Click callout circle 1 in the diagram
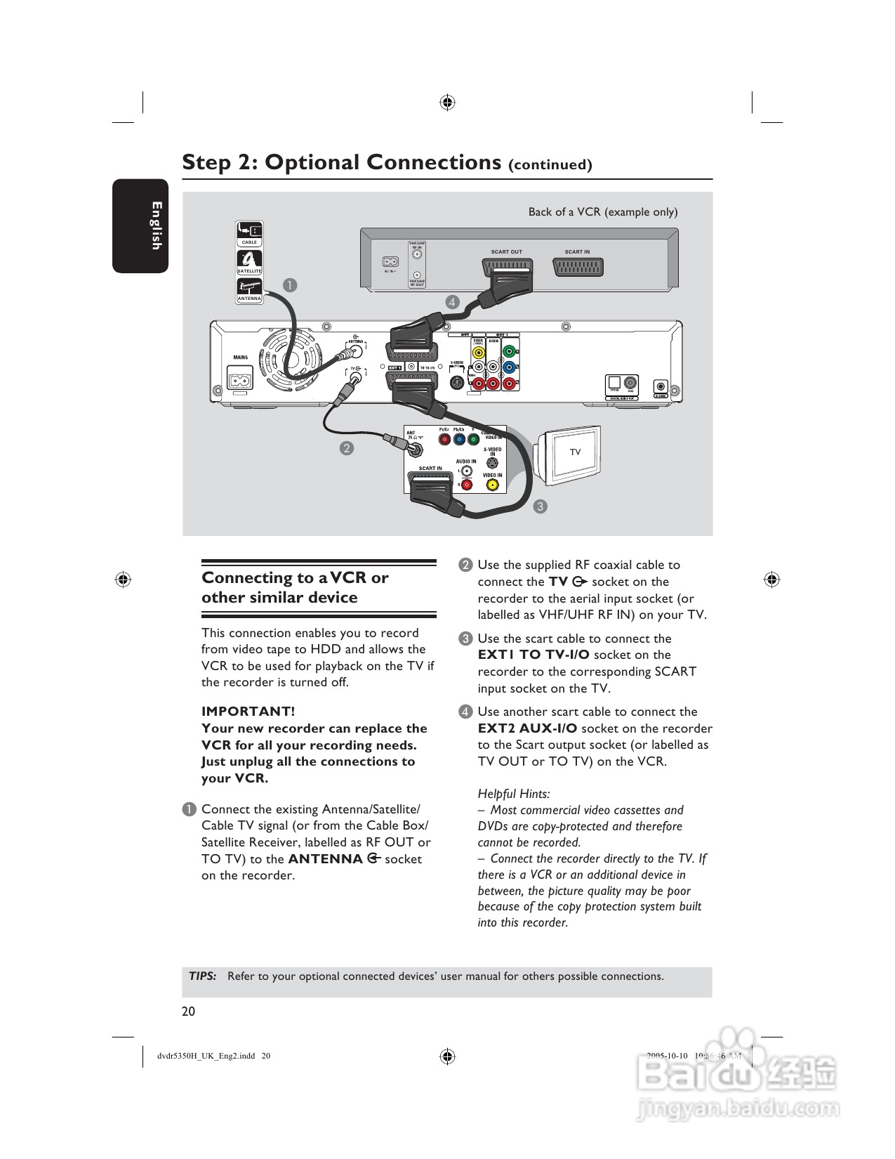point(290,285)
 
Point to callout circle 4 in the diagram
point(452,303)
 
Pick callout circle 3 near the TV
point(540,506)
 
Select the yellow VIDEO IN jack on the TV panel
point(492,485)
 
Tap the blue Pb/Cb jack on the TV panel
point(459,440)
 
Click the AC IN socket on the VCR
point(390,262)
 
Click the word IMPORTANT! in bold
point(248,712)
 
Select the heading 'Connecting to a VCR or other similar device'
point(295,587)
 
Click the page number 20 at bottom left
point(188,1011)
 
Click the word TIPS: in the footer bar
point(202,976)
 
